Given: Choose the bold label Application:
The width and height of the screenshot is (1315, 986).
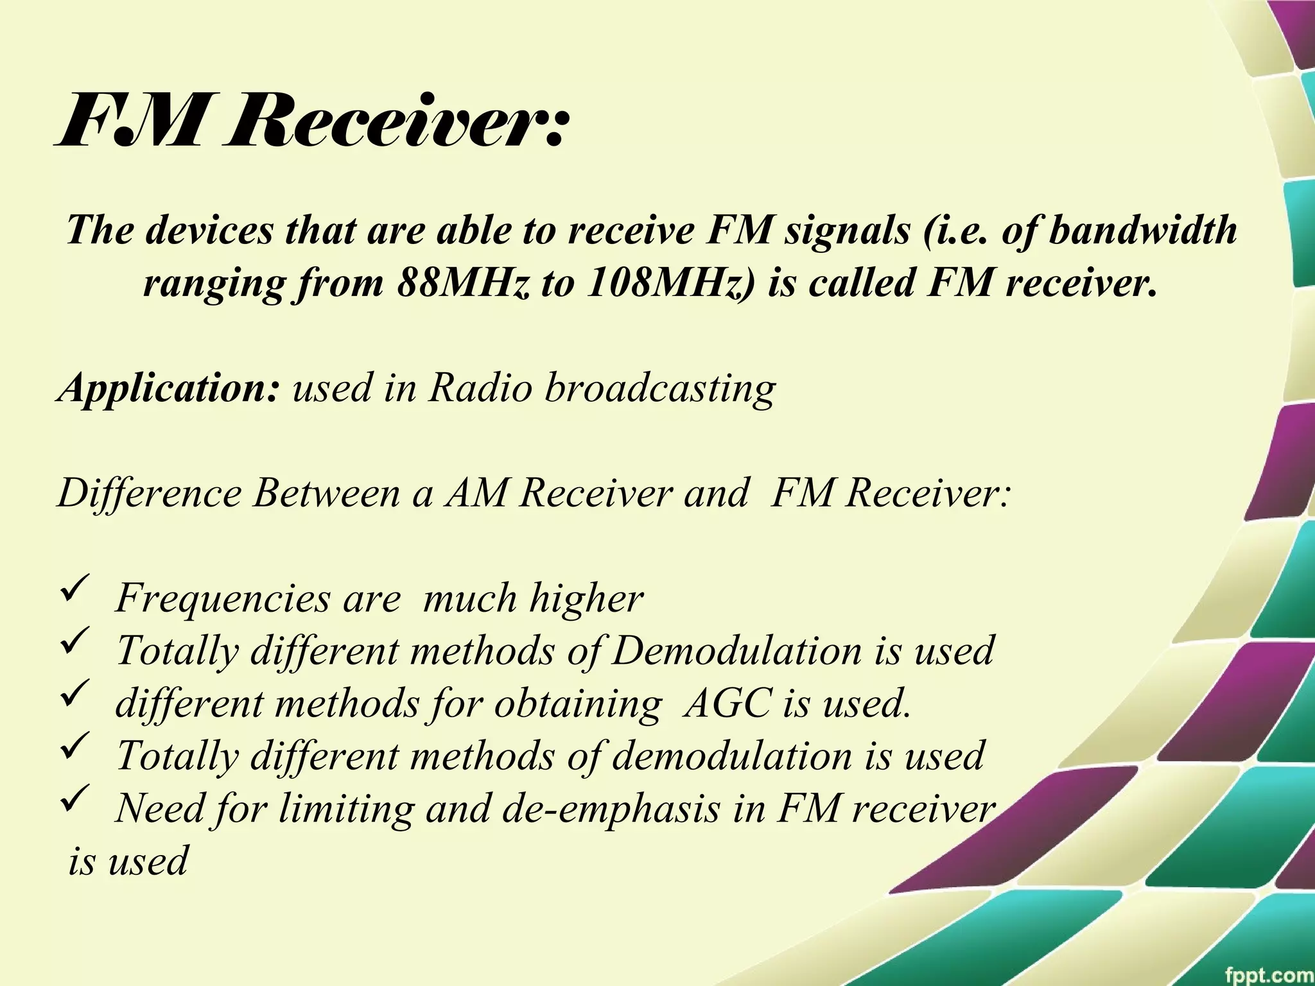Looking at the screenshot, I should [x=169, y=388].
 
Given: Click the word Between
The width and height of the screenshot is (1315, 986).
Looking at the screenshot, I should [x=326, y=493].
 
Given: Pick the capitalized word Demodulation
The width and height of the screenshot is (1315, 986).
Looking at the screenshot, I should [x=736, y=650].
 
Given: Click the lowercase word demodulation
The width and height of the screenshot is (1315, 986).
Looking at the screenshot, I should [x=731, y=756].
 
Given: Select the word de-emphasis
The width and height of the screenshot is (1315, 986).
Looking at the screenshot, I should [x=611, y=808].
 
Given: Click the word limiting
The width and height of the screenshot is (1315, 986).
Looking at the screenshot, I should [x=347, y=808].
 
